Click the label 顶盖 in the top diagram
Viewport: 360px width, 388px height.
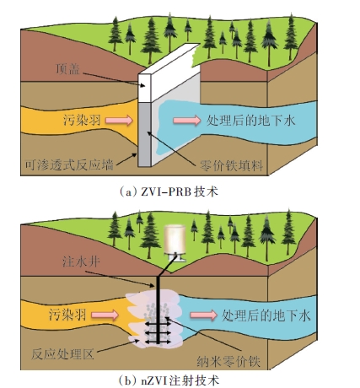pos(67,69)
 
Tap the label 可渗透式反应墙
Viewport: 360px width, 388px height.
pos(69,164)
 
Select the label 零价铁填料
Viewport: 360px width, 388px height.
pos(231,166)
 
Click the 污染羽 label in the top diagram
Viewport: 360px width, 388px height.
pos(82,121)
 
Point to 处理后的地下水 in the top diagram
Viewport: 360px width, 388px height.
pos(250,121)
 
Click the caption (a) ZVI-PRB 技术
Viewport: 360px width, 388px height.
pos(169,191)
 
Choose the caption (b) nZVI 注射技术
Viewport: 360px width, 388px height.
pos(169,380)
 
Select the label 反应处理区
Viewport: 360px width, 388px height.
pos(62,354)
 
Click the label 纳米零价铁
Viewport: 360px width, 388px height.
pos(228,361)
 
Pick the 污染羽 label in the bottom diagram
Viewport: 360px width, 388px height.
pos(67,315)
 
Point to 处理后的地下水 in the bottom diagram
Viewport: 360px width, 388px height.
pos(266,315)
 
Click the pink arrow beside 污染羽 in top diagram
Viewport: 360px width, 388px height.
pos(119,121)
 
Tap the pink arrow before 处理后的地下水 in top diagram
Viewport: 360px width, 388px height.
pos(187,121)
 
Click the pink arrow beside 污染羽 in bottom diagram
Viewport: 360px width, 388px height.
pos(105,315)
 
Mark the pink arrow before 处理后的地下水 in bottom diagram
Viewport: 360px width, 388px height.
pos(204,315)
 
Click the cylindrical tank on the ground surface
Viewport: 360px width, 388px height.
pos(175,241)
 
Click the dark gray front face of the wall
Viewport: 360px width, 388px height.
pos(145,134)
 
